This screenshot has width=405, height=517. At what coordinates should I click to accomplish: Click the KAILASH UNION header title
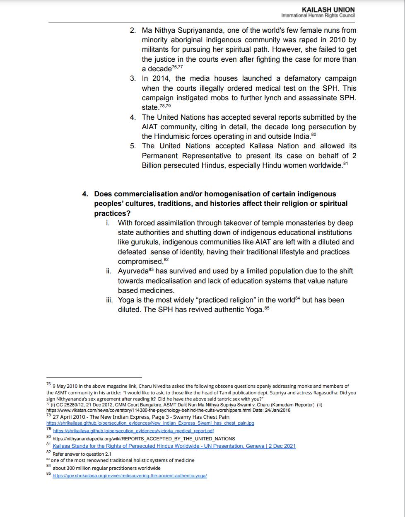pyautogui.click(x=328, y=9)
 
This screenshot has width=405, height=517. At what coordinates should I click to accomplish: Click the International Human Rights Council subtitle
pyautogui.click(x=318, y=16)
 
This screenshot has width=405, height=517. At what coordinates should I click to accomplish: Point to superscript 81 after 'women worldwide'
pyautogui.click(x=345, y=164)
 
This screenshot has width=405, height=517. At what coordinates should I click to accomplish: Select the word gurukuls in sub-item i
pyautogui.click(x=139, y=242)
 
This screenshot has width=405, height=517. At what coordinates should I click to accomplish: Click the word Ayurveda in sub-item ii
pyautogui.click(x=133, y=271)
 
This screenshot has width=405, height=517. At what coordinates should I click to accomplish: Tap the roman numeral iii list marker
pyautogui.click(x=109, y=300)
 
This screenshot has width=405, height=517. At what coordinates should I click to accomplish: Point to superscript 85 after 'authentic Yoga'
pyautogui.click(x=267, y=308)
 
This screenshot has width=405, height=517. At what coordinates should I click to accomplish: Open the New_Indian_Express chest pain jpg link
pyautogui.click(x=150, y=423)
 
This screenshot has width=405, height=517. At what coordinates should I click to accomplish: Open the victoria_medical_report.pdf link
pyautogui.click(x=133, y=431)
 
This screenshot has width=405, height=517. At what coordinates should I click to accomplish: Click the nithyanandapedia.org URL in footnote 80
pyautogui.click(x=144, y=439)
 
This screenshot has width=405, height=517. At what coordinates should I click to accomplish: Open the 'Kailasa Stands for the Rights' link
pyautogui.click(x=174, y=446)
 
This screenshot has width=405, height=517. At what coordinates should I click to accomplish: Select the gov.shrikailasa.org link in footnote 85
pyautogui.click(x=130, y=476)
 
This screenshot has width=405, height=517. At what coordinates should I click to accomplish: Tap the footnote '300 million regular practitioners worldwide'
pyautogui.click(x=106, y=468)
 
